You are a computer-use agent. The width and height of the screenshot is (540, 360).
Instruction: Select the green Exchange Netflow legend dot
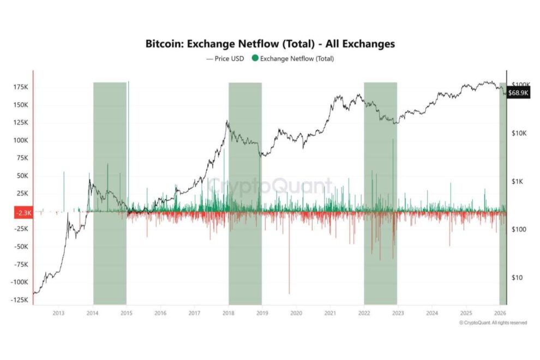(x=255, y=58)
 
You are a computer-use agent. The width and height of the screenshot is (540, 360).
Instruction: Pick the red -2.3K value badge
(x=22, y=213)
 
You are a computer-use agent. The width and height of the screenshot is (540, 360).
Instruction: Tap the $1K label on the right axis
(x=518, y=182)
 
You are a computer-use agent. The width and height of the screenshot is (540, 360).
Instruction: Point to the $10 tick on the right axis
(x=518, y=278)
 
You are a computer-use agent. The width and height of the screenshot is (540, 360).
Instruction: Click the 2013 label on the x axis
(x=59, y=313)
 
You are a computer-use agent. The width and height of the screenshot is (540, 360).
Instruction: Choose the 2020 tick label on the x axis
(x=296, y=313)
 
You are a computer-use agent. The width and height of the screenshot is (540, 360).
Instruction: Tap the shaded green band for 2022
(x=380, y=164)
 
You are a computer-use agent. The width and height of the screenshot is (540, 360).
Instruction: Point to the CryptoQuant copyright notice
(x=493, y=323)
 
